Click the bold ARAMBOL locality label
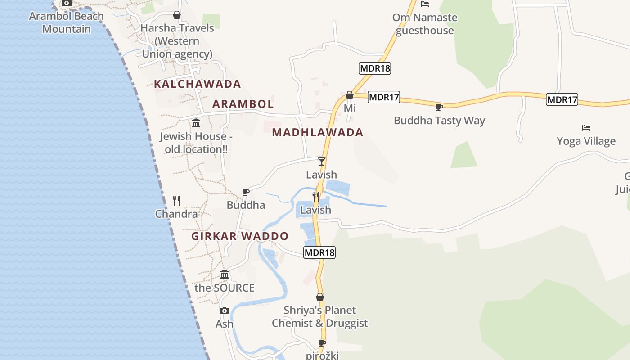coord(243,104)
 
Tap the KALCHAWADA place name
coord(198,84)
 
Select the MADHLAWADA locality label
coord(318,132)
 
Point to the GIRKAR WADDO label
coord(240,236)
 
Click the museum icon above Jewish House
coord(196,123)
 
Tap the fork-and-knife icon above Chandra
coord(176,201)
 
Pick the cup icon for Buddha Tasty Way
coord(439,107)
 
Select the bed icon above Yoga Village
coord(586,128)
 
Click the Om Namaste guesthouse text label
coord(425,24)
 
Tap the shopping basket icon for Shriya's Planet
coord(320,297)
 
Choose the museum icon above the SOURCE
coord(225,274)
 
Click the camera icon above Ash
coord(225,310)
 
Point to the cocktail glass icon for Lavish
coord(321,162)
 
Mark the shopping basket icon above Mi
coord(350,95)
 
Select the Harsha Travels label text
coord(177,41)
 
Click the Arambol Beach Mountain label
coord(67,22)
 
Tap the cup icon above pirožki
coord(322,343)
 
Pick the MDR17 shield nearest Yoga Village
coord(562,99)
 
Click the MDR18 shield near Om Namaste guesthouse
coord(375,68)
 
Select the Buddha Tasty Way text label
coord(439,121)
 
